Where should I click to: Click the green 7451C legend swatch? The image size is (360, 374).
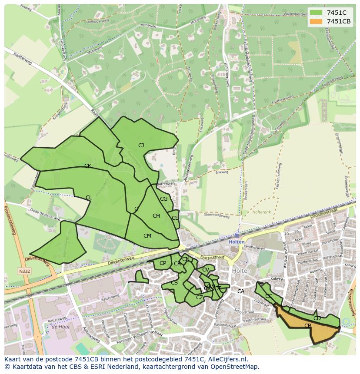316,13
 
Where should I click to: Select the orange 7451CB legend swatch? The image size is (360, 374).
316,21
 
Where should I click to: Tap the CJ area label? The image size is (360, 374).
141,146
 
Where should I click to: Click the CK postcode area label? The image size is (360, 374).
87,166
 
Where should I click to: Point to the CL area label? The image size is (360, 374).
89,198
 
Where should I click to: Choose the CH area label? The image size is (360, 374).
156,216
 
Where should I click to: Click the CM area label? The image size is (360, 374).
147,236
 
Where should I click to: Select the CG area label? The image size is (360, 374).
163,199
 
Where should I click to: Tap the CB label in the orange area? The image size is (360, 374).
308,326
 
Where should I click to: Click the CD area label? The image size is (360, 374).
317,318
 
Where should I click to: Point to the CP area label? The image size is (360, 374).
163,263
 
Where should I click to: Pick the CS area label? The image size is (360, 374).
174,283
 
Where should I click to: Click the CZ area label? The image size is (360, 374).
200,298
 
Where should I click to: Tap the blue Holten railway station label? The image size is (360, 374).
237,242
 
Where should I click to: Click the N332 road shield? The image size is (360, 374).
24,271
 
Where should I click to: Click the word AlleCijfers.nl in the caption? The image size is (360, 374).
226,359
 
